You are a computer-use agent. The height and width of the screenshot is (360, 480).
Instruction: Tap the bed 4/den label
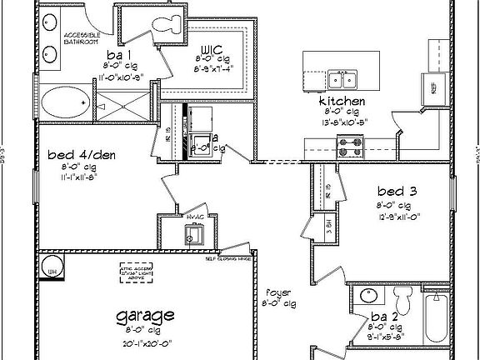tap(68, 155)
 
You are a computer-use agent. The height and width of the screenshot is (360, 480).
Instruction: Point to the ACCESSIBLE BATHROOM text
tap(81, 37)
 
